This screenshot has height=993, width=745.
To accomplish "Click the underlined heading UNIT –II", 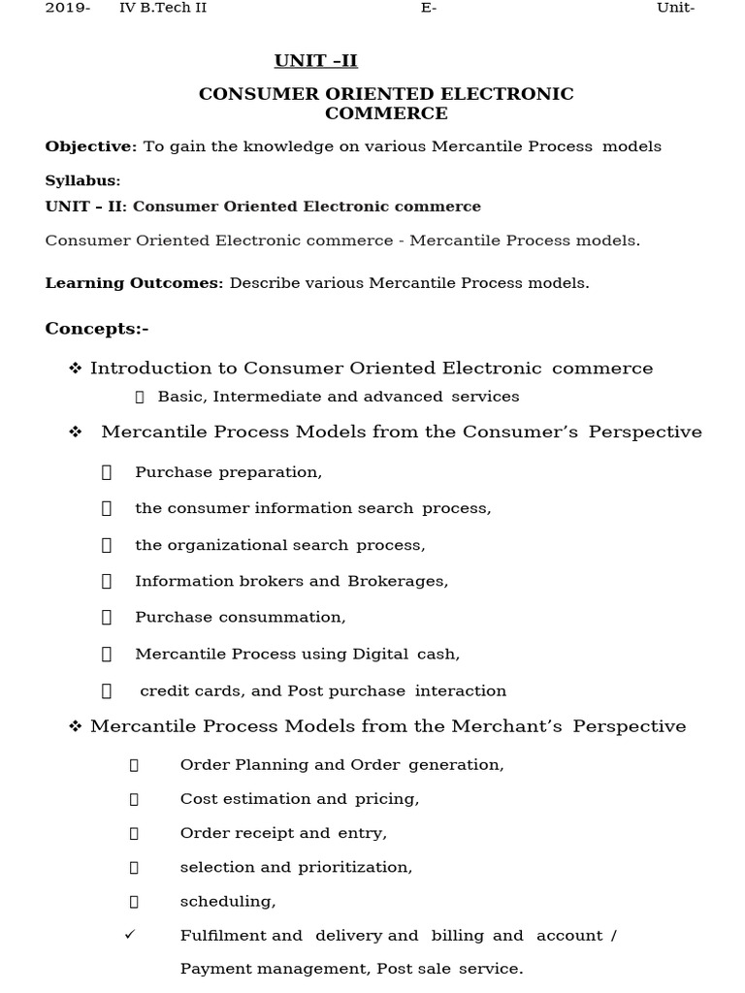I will click(315, 61).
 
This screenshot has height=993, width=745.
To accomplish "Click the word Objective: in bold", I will click(91, 146).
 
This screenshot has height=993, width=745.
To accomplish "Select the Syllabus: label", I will click(82, 181).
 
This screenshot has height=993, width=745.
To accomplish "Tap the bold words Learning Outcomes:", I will click(134, 283).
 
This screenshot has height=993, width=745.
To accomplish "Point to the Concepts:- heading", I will click(97, 329).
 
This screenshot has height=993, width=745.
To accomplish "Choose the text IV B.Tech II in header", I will click(162, 9).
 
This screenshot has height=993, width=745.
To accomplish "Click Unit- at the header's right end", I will click(676, 9).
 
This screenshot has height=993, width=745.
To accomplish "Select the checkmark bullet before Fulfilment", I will click(131, 935).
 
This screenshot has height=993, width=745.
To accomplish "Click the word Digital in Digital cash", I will click(377, 654).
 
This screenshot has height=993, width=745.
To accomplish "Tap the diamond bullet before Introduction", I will click(75, 368).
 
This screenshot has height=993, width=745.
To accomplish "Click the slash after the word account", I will click(613, 936).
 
